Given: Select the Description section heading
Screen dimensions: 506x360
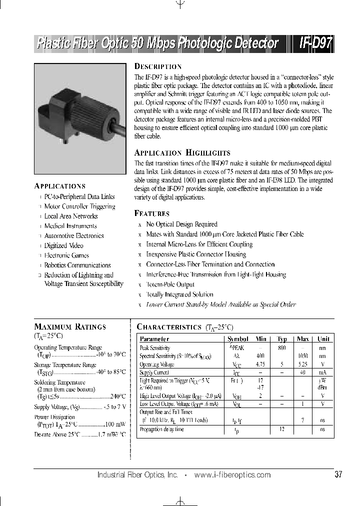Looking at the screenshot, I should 157,66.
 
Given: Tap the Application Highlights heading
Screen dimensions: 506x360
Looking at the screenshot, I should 182,153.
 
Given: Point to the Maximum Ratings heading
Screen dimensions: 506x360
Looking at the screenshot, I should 70,326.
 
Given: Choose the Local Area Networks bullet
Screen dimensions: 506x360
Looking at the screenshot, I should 70,216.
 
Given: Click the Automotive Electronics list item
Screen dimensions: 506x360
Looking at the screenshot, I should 73,236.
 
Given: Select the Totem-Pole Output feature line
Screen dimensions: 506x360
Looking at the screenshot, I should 170,284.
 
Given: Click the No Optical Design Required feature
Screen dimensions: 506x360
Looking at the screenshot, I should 181,224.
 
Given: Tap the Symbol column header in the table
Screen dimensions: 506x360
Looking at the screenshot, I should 237,338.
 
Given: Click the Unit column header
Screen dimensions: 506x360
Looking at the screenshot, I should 323,338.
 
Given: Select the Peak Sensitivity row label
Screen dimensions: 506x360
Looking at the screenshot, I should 154,347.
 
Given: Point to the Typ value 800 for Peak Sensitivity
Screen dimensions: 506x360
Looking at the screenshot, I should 281,347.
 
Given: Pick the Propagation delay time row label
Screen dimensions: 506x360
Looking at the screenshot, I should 161,429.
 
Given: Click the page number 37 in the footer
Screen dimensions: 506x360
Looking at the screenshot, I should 338,475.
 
